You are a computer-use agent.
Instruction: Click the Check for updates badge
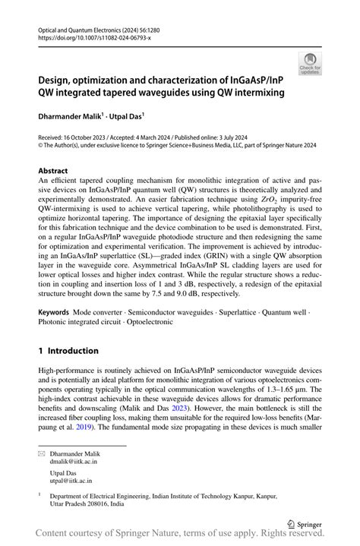(x=310, y=64)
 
